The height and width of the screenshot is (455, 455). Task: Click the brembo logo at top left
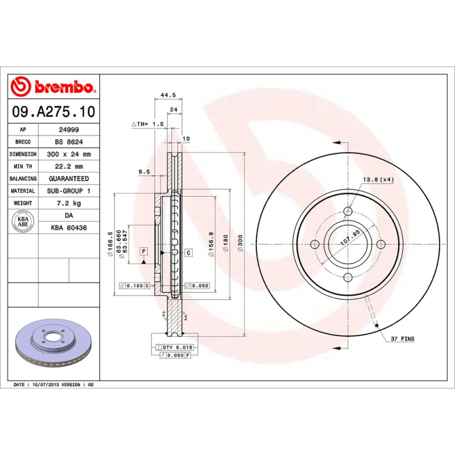(x=53, y=87)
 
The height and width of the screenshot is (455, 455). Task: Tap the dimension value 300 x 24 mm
(x=69, y=154)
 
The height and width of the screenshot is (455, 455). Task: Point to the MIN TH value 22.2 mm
(x=69, y=167)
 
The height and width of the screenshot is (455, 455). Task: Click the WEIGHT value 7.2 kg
(x=69, y=203)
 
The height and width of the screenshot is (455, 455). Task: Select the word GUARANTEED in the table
(x=69, y=179)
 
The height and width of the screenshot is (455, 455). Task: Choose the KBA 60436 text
(x=69, y=227)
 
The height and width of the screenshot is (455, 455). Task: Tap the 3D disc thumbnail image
(x=54, y=345)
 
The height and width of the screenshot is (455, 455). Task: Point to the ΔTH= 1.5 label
(x=147, y=123)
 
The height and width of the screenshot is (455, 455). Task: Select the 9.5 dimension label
(x=144, y=171)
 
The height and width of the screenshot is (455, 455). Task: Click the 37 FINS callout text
(x=402, y=339)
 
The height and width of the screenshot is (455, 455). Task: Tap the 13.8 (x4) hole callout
(x=378, y=180)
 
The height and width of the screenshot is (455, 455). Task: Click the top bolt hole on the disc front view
(x=348, y=212)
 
